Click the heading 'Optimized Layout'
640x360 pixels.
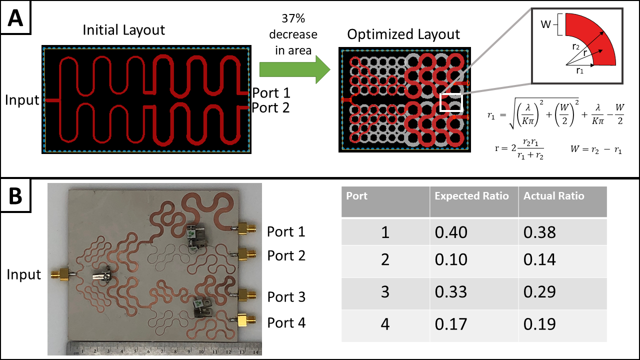(x=403, y=34)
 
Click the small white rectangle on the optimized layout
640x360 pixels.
(x=450, y=101)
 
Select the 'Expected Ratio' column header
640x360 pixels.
(x=471, y=196)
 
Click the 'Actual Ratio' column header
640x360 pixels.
(x=553, y=196)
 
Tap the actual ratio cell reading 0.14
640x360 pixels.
(x=539, y=259)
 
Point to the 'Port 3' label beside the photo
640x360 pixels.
(x=286, y=297)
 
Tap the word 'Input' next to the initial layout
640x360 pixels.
(x=22, y=100)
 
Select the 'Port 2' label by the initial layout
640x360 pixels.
(x=271, y=107)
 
